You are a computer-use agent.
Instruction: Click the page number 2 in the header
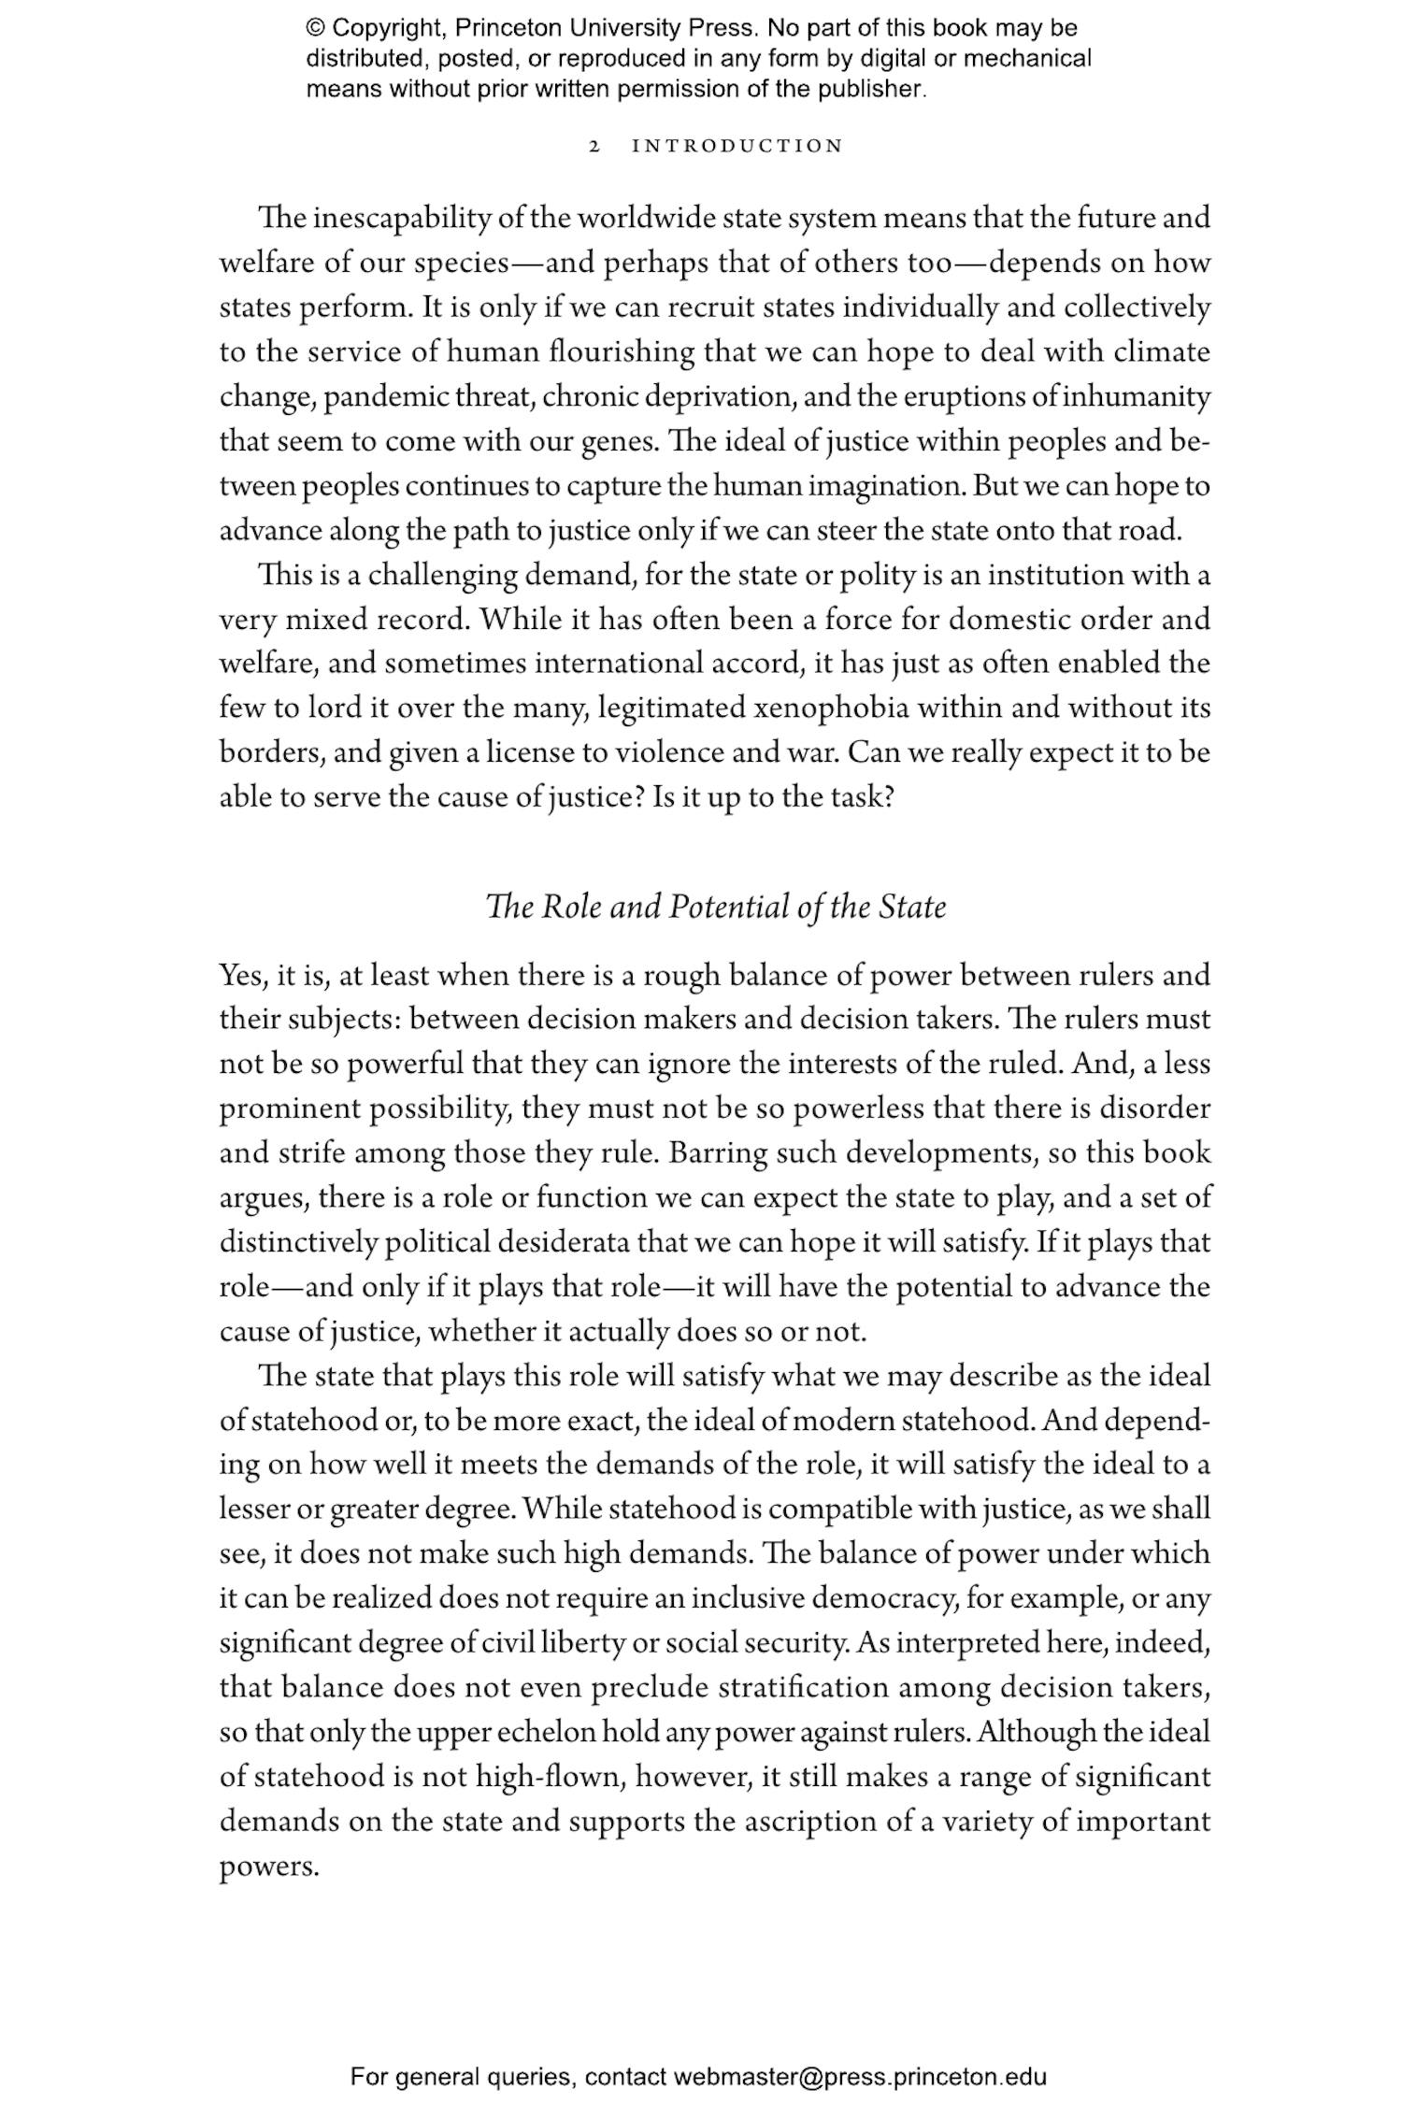coord(594,147)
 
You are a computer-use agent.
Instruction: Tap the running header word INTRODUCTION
coord(737,147)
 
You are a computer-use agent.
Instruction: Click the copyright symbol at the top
coord(314,28)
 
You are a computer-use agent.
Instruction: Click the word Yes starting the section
coord(243,976)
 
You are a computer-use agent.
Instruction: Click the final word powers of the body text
coord(269,1867)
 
